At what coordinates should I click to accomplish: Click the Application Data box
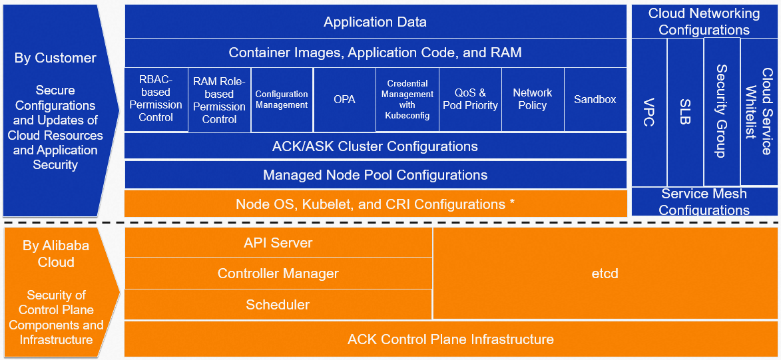(x=376, y=22)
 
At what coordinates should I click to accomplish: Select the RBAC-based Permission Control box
(x=156, y=99)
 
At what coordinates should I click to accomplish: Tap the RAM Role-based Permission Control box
(x=219, y=100)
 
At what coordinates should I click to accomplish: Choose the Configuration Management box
(x=282, y=99)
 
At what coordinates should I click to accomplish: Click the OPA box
(x=344, y=99)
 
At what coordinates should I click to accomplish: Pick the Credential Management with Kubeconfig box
(x=407, y=99)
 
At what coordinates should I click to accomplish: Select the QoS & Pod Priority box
(x=470, y=99)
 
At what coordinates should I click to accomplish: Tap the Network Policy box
(x=532, y=99)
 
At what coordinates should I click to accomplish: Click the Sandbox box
(x=595, y=99)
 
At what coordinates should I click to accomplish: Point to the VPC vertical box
(x=649, y=112)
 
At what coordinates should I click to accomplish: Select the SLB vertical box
(x=685, y=112)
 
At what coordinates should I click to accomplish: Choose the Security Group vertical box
(x=722, y=111)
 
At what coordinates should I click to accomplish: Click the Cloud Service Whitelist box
(x=759, y=111)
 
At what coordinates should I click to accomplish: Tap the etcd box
(x=605, y=273)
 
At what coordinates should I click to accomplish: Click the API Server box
(x=278, y=243)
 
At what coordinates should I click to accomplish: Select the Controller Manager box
(x=278, y=273)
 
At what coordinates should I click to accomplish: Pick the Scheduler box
(x=278, y=305)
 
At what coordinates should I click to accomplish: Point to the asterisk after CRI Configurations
(x=512, y=204)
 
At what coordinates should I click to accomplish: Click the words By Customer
(x=55, y=58)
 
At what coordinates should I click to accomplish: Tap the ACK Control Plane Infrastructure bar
(x=451, y=339)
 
